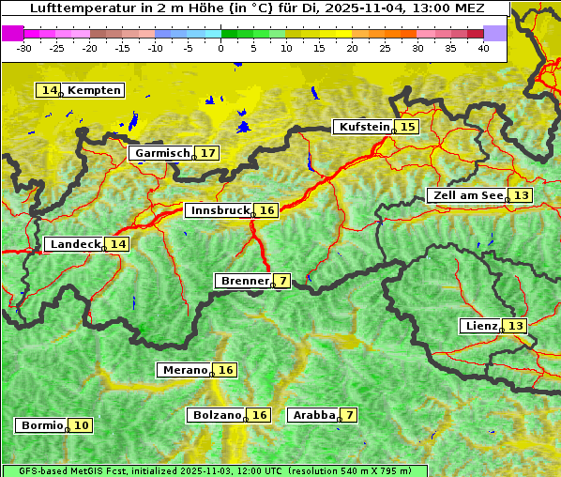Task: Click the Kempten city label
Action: click(94, 90)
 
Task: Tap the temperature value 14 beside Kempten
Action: click(49, 90)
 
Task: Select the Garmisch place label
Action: click(162, 153)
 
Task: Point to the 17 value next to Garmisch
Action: click(207, 153)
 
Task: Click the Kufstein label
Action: click(363, 127)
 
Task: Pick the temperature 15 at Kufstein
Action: click(407, 127)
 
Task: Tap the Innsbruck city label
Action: click(219, 210)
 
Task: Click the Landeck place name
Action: click(75, 244)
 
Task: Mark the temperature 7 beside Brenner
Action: click(282, 281)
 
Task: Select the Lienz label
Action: click(480, 326)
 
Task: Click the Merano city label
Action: click(184, 370)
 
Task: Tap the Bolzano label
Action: click(218, 415)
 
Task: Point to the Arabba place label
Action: click(313, 415)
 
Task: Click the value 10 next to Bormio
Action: click(82, 425)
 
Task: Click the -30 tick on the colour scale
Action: click(23, 48)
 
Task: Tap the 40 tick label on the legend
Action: click(483, 48)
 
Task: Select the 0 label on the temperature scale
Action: click(221, 48)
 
